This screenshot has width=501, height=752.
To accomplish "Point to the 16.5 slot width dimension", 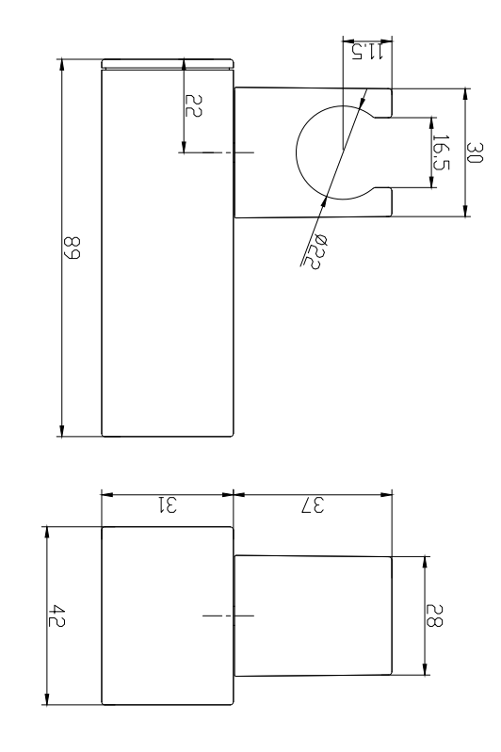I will pos(440,152).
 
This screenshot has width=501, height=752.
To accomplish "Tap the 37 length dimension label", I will pos(312,505).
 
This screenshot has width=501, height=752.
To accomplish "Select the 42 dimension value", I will pos(59,616).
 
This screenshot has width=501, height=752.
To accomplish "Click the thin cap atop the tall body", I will pos(167,64).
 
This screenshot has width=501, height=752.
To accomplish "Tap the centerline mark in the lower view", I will pos(227,616).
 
